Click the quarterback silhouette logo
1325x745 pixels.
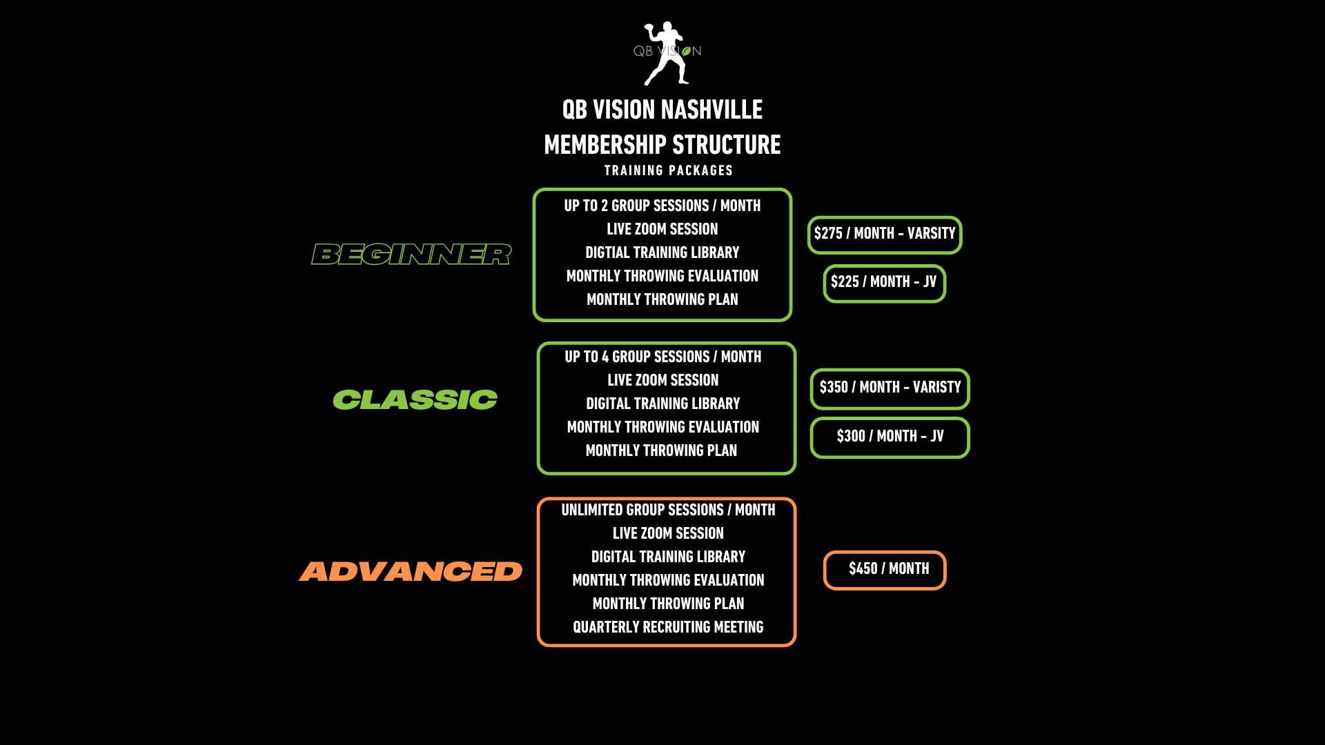[667, 53]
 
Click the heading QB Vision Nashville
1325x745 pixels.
[662, 110]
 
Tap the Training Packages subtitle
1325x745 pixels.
[668, 170]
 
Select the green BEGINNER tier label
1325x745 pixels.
[411, 255]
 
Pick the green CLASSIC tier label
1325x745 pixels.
[415, 400]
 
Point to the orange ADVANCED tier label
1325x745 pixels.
[411, 571]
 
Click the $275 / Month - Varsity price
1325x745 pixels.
[884, 235]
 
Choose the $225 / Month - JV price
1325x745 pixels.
[884, 283]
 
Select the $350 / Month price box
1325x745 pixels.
[890, 388]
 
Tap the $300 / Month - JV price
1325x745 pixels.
[890, 437]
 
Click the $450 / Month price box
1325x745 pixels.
[885, 570]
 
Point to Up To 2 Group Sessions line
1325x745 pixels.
[662, 206]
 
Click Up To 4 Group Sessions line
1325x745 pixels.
[662, 357]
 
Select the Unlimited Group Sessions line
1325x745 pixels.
[668, 510]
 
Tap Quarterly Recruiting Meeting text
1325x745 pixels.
[668, 628]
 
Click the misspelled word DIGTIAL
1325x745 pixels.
[607, 253]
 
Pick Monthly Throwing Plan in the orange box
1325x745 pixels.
[668, 604]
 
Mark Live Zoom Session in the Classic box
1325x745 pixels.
[662, 381]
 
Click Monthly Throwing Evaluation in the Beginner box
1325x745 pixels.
[662, 277]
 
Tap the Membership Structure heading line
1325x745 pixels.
[662, 145]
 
